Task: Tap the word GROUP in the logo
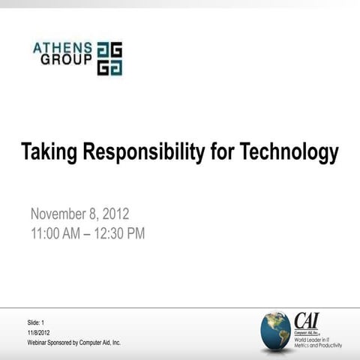[66, 59]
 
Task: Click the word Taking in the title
[49, 153]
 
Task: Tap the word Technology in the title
[289, 153]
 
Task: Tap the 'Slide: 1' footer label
[37, 322]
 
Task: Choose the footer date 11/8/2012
[39, 331]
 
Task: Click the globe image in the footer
[275, 331]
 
